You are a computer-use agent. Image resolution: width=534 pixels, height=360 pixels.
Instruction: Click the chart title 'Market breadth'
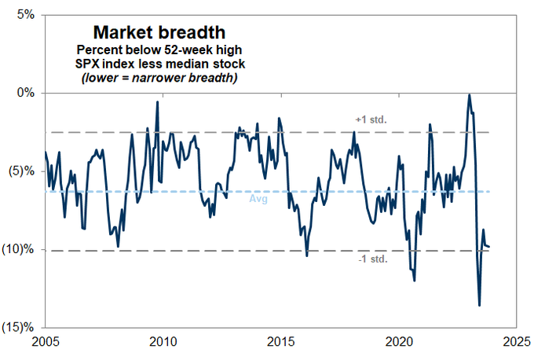pyautogui.click(x=159, y=32)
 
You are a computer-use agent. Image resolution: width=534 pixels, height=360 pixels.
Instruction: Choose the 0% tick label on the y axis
pyautogui.click(x=26, y=93)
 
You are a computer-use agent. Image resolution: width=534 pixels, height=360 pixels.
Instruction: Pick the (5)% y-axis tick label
pyautogui.click(x=22, y=171)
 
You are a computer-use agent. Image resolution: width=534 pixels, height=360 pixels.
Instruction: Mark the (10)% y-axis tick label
pyautogui.click(x=20, y=250)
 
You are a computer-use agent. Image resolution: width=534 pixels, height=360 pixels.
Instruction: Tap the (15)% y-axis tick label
pyautogui.click(x=20, y=327)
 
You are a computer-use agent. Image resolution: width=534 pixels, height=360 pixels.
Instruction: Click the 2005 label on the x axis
pyautogui.click(x=45, y=343)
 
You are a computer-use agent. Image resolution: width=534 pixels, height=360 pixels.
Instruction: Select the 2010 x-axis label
pyautogui.click(x=163, y=343)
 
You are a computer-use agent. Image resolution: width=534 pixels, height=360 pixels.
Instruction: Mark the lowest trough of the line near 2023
pyautogui.click(x=479, y=306)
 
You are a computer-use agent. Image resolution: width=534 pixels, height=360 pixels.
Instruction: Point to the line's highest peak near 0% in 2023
pyautogui.click(x=469, y=95)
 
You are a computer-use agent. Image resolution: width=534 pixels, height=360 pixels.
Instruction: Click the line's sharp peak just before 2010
pyautogui.click(x=157, y=102)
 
